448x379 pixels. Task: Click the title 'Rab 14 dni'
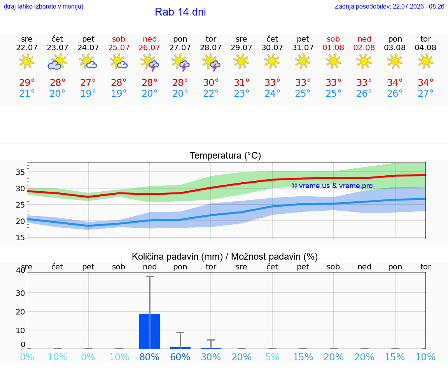(x=180, y=12)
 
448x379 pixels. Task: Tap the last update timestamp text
(x=389, y=7)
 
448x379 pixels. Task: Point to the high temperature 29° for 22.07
(x=27, y=82)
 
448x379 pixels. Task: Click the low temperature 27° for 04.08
(x=425, y=93)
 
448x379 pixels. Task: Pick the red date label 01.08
(x=333, y=47)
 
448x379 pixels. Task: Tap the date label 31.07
(x=303, y=47)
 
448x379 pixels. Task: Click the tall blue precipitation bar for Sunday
(x=149, y=331)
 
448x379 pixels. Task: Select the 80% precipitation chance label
(x=149, y=357)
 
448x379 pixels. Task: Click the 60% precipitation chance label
(x=180, y=357)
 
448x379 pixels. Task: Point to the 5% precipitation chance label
(x=272, y=357)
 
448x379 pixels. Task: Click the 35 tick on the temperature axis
(x=20, y=172)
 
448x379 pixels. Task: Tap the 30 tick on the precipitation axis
(x=20, y=293)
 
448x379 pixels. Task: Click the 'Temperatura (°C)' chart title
(x=226, y=155)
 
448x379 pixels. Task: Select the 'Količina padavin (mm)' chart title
(x=177, y=257)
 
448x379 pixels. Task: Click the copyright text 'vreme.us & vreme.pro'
(x=332, y=186)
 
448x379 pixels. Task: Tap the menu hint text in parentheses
(x=44, y=7)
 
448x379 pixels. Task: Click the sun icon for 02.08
(x=364, y=61)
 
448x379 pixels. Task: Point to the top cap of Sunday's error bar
(x=150, y=276)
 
